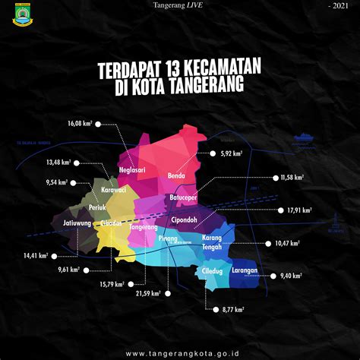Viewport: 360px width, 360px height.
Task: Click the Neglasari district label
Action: [132, 171]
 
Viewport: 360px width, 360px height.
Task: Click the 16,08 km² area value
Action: [79, 122]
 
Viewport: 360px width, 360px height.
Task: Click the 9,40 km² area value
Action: [291, 276]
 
